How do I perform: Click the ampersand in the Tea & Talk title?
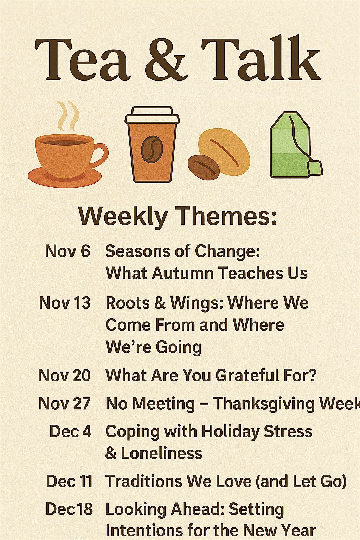(x=165, y=60)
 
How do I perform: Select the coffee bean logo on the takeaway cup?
(x=152, y=149)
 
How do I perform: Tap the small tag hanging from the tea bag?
(x=315, y=168)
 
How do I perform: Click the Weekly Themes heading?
(x=178, y=216)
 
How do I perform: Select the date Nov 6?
(x=67, y=251)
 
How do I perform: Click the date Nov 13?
(x=65, y=303)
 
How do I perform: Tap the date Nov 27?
(x=64, y=403)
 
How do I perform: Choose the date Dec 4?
(x=70, y=431)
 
